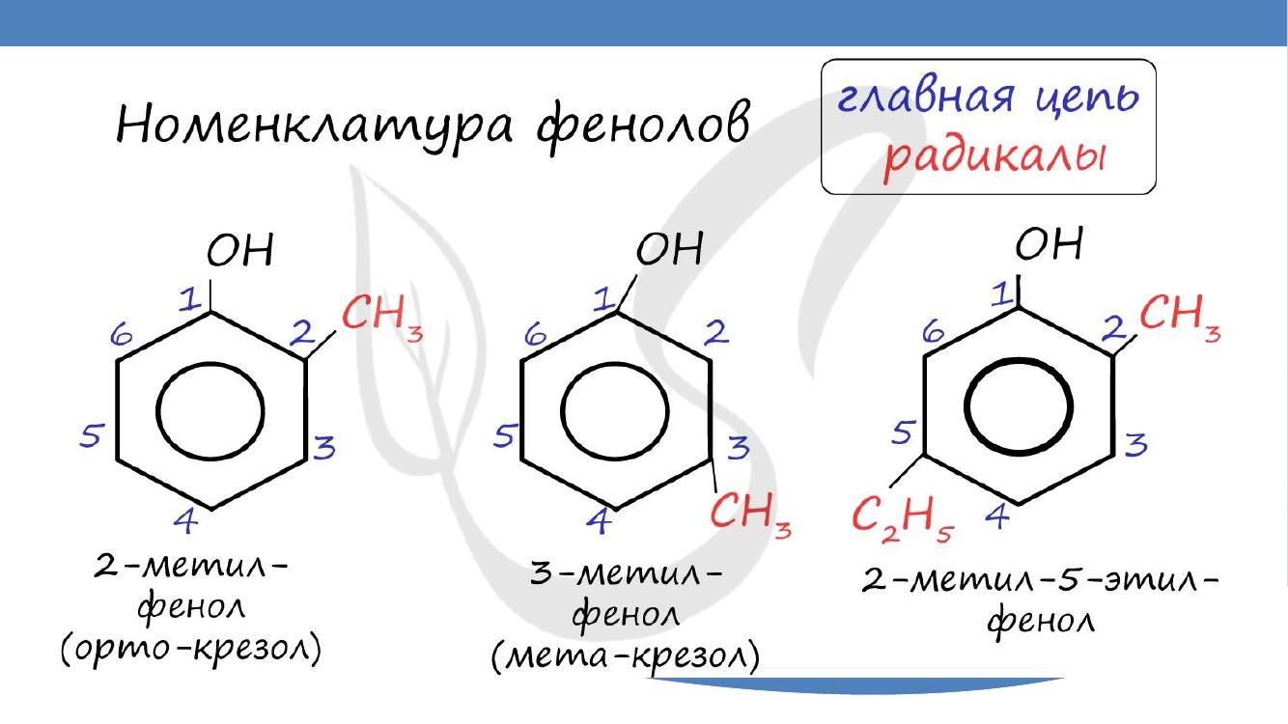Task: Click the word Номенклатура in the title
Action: (x=314, y=126)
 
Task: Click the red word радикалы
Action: (x=994, y=156)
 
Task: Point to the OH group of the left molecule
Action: (x=239, y=250)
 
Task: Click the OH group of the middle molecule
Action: (x=669, y=248)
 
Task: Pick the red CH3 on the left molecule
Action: (x=382, y=318)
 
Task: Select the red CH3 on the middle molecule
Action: (x=750, y=515)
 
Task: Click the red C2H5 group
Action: (x=903, y=520)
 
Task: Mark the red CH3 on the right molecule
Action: (x=1180, y=318)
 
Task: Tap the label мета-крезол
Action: (x=626, y=656)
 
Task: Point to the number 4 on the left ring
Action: (x=185, y=520)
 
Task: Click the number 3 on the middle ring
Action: (x=739, y=447)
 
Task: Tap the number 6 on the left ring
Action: (x=121, y=334)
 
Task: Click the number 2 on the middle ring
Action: (x=716, y=332)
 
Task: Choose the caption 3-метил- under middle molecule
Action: (x=625, y=574)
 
